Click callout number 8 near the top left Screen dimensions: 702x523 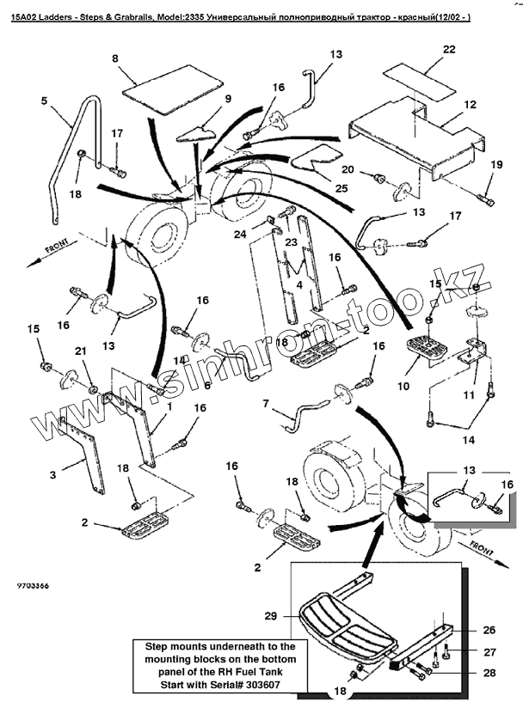tap(114, 58)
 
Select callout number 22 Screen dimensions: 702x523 tap(449, 51)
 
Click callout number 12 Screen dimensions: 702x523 tap(471, 104)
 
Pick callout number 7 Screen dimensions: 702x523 tap(265, 403)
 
